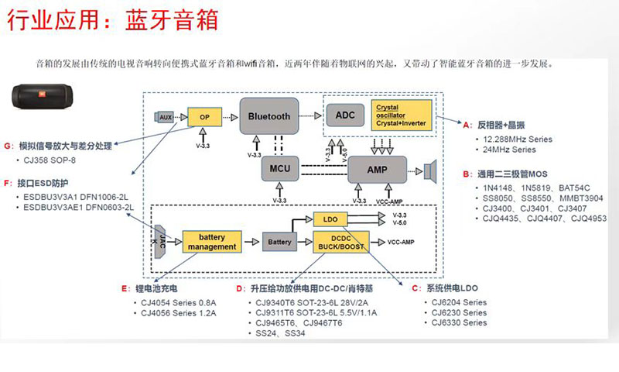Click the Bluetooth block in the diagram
[x=268, y=116]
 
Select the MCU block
[x=279, y=169]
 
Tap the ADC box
[x=345, y=115]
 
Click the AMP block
[x=377, y=169]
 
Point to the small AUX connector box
[x=164, y=116]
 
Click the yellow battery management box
[x=211, y=241]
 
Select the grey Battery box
[x=279, y=242]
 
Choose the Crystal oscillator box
[x=402, y=115]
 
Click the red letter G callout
[x=8, y=146]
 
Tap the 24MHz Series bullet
[x=508, y=149]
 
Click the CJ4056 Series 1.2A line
[x=177, y=313]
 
